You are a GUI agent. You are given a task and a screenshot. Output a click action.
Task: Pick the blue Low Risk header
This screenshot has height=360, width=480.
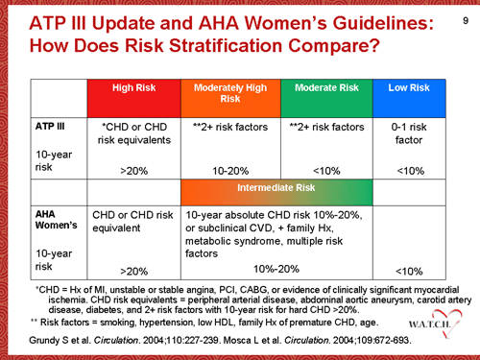408,87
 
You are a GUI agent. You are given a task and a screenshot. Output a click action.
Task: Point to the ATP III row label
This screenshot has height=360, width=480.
50,126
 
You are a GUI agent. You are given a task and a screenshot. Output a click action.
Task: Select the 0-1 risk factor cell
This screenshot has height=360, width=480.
408,132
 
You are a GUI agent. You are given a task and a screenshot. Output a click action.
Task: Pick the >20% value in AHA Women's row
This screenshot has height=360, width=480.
134,272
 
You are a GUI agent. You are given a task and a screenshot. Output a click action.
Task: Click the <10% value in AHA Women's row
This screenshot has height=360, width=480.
408,272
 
